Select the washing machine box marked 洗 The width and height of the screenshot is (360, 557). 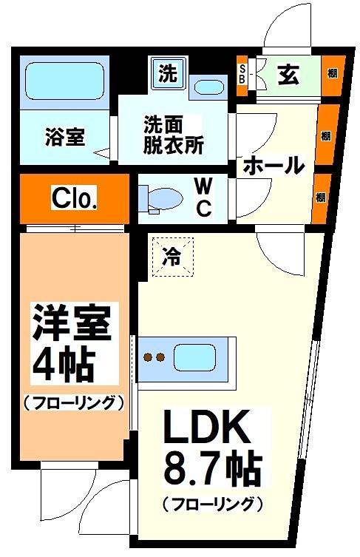(x=169, y=74)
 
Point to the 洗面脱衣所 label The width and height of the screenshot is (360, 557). (x=173, y=135)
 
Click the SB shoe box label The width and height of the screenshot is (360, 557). (x=242, y=75)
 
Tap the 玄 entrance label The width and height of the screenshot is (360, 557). (x=288, y=74)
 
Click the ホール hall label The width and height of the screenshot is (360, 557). (x=274, y=164)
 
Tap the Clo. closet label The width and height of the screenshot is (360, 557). (x=75, y=198)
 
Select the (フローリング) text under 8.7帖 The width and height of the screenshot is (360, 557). (x=213, y=504)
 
